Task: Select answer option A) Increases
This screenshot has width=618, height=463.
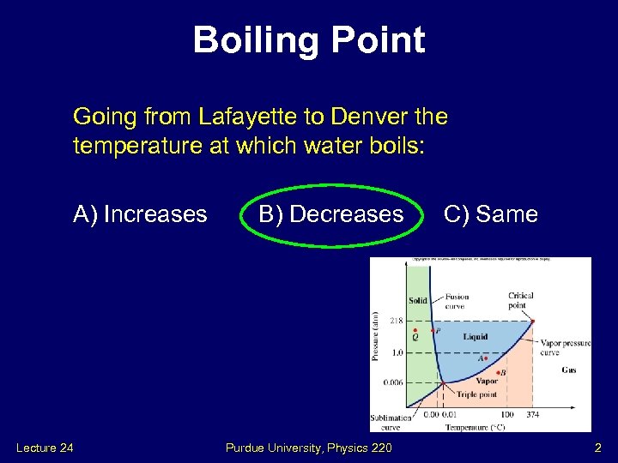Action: pyautogui.click(x=140, y=214)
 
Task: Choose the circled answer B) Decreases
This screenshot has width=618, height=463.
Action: pyautogui.click(x=330, y=214)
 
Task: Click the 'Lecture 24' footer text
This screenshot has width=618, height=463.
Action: pyautogui.click(x=44, y=448)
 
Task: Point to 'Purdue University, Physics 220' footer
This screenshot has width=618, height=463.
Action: pyautogui.click(x=308, y=448)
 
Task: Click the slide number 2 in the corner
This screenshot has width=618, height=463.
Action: pyautogui.click(x=598, y=448)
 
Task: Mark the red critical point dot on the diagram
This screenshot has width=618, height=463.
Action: pyautogui.click(x=532, y=322)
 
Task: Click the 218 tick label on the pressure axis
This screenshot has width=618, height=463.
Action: pyautogui.click(x=397, y=322)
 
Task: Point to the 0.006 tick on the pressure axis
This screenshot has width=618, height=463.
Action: pyautogui.click(x=393, y=382)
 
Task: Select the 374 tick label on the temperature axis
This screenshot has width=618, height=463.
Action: pyautogui.click(x=532, y=415)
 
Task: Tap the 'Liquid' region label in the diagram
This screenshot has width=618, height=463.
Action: pyautogui.click(x=475, y=337)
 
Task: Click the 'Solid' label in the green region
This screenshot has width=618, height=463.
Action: pyautogui.click(x=418, y=301)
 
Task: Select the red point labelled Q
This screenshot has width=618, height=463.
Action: pyautogui.click(x=415, y=330)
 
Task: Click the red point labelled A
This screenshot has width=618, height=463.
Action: pyautogui.click(x=487, y=358)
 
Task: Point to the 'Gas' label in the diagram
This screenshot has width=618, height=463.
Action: pyautogui.click(x=568, y=370)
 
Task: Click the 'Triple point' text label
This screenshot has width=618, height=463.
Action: pyautogui.click(x=477, y=394)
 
